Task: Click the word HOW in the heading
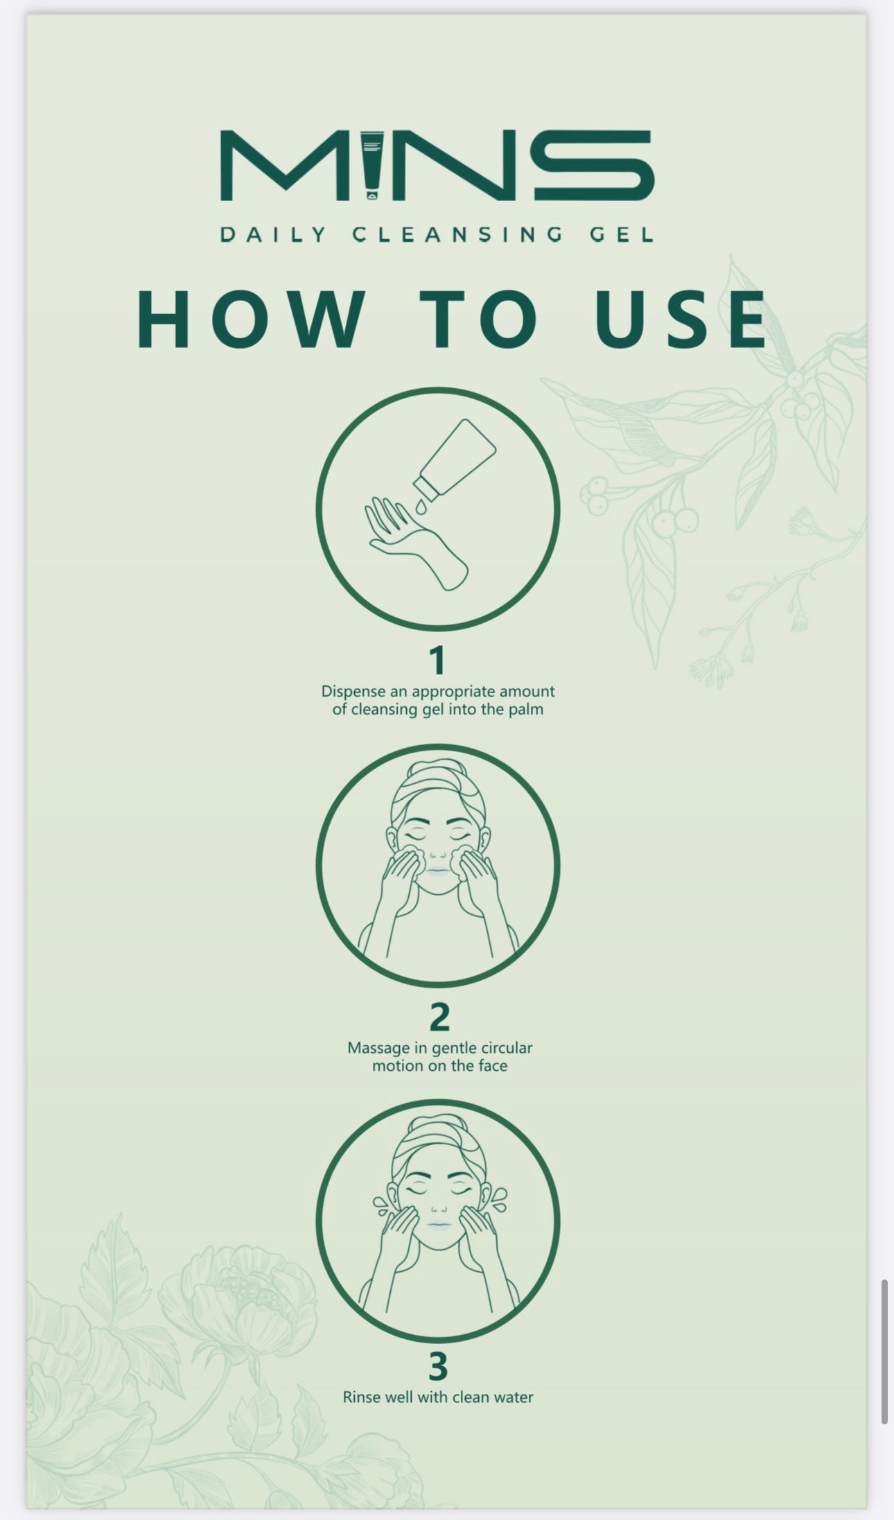(x=251, y=318)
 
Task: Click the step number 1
(x=437, y=661)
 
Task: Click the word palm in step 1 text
(x=527, y=709)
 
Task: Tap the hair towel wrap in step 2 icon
(x=438, y=787)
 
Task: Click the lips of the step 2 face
(x=438, y=872)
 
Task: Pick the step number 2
(x=439, y=1017)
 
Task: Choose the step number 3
(x=438, y=1366)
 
